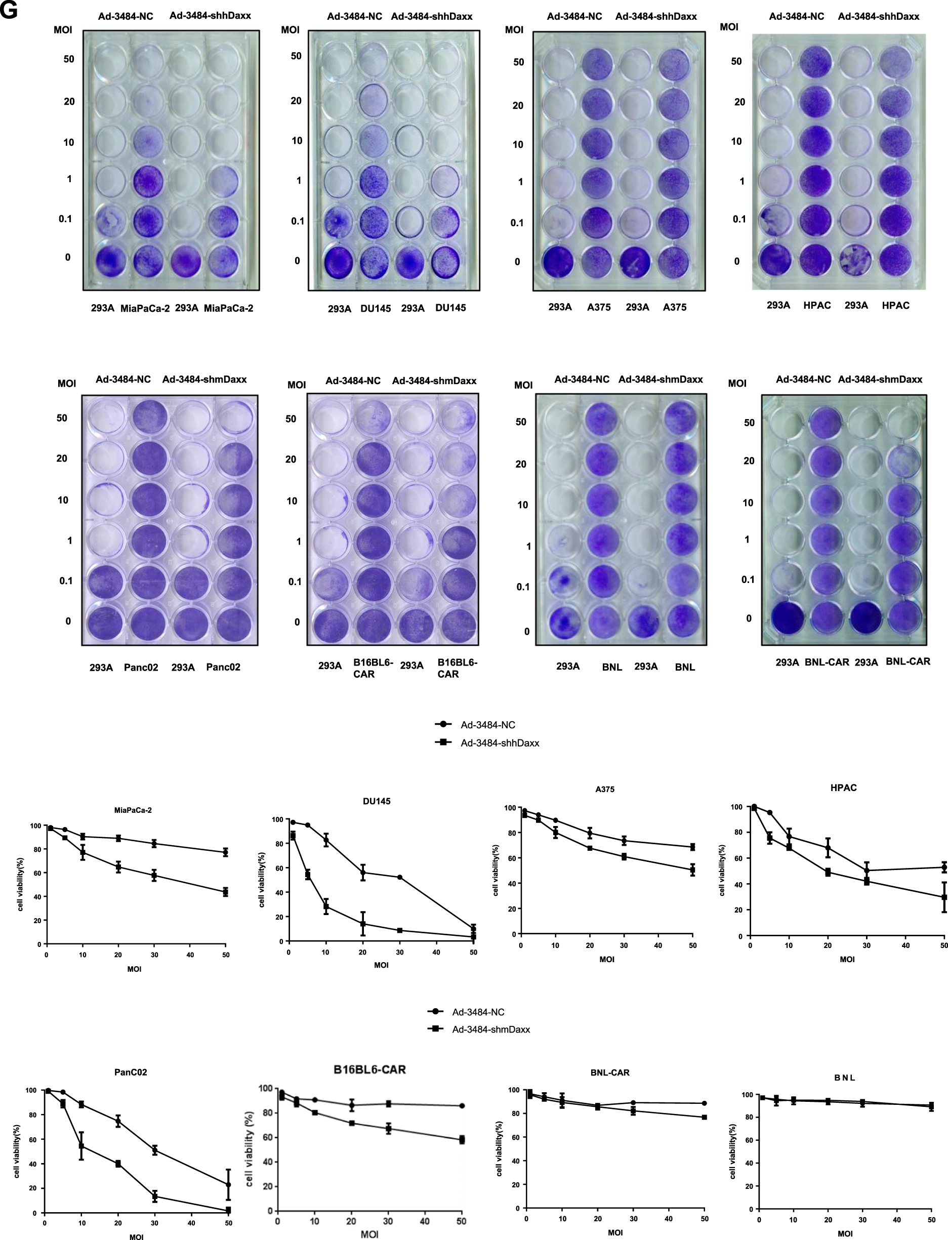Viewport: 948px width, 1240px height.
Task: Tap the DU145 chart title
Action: pyautogui.click(x=377, y=801)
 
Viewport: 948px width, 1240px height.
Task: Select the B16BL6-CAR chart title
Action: pyautogui.click(x=369, y=1069)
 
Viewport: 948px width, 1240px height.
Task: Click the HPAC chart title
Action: pyautogui.click(x=843, y=788)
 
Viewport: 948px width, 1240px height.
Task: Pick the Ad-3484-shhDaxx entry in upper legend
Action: pyautogui.click(x=500, y=743)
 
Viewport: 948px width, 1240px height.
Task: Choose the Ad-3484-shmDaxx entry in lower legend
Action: pyautogui.click(x=490, y=1029)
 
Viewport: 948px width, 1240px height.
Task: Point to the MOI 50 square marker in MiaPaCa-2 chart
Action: pyautogui.click(x=225, y=892)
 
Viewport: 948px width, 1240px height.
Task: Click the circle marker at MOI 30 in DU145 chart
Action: pyautogui.click(x=399, y=877)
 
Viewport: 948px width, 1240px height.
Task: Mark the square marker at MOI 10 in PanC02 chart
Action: pyautogui.click(x=82, y=1146)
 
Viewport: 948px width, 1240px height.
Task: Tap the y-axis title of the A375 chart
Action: pyautogui.click(x=496, y=871)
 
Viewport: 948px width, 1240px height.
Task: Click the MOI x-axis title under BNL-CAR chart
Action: pyautogui.click(x=615, y=1233)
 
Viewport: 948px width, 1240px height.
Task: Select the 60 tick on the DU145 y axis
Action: pyautogui.click(x=279, y=868)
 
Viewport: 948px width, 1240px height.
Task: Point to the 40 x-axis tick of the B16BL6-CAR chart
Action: pyautogui.click(x=424, y=1221)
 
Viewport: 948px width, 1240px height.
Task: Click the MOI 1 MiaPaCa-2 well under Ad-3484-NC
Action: pyautogui.click(x=148, y=181)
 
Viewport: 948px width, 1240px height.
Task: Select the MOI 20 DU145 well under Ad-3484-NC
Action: pyautogui.click(x=373, y=100)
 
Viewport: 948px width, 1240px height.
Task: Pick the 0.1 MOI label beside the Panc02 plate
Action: pyautogui.click(x=66, y=581)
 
